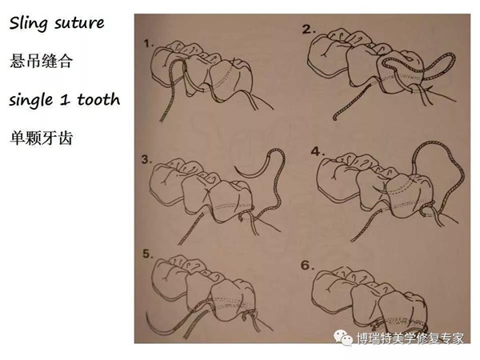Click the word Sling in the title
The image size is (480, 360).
tap(27, 23)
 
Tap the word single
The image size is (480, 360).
tap(30, 100)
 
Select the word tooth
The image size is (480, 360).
tap(98, 99)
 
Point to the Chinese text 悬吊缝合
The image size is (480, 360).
tap(42, 61)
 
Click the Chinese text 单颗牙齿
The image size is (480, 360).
tap(42, 138)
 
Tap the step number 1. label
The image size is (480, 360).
tap(149, 44)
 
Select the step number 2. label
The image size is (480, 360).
tap(309, 30)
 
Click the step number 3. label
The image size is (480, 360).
tap(147, 159)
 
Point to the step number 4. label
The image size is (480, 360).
tap(318, 151)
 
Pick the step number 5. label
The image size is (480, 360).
tap(148, 254)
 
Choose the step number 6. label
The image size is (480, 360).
tap(308, 265)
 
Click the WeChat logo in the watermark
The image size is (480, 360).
tap(343, 337)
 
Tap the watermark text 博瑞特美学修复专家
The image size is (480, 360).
tap(410, 338)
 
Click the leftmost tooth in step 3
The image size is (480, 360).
tap(167, 184)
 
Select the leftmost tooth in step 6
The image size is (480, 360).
tap(332, 290)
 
